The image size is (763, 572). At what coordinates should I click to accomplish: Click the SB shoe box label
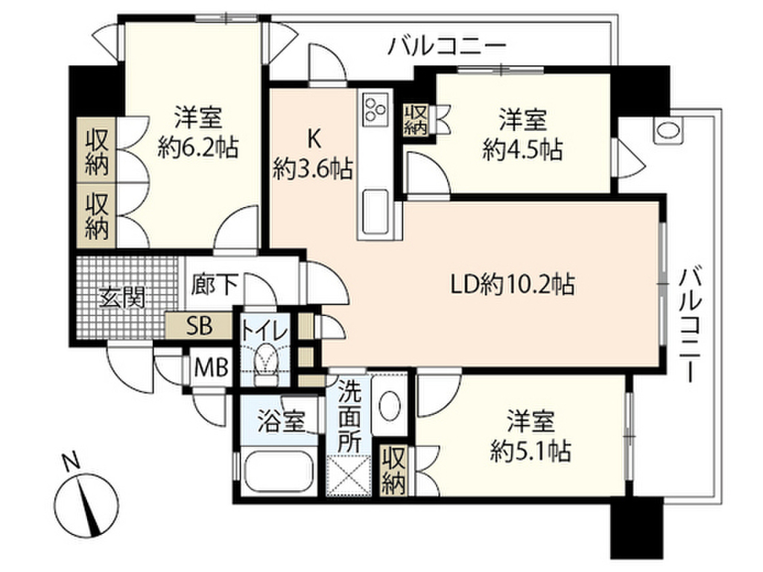click(x=199, y=325)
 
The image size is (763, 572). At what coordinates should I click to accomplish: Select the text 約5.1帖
click(x=530, y=451)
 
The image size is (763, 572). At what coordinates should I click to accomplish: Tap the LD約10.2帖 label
click(x=513, y=285)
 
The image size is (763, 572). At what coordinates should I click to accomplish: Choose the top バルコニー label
click(x=448, y=48)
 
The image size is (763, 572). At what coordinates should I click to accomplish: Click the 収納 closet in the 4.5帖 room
click(x=416, y=118)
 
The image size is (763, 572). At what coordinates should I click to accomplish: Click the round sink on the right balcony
click(x=667, y=131)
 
